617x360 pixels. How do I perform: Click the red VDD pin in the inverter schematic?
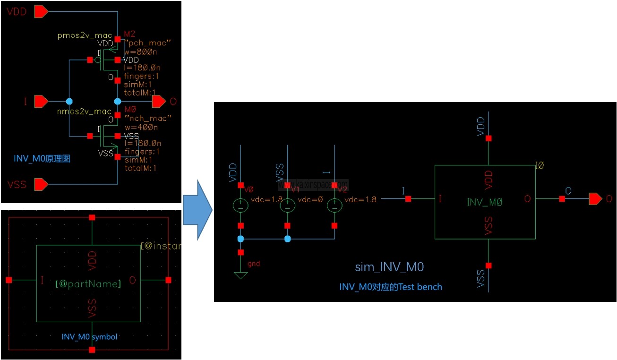pos(41,11)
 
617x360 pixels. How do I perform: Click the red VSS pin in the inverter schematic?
pos(41,183)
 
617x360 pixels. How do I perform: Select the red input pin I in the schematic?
pos(41,101)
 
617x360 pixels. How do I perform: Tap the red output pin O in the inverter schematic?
pos(159,101)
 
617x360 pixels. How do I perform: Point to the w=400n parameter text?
pos(141,127)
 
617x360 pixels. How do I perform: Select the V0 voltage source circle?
pos(240,205)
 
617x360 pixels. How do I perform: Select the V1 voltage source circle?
pos(288,205)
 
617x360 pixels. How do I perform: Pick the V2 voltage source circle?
pos(334,205)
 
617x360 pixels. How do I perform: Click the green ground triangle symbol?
pos(240,275)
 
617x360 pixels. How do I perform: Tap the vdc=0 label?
pos(310,199)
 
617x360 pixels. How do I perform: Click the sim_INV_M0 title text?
pos(389,267)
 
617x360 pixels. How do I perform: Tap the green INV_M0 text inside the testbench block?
pos(484,202)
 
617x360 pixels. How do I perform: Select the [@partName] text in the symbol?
pos(88,284)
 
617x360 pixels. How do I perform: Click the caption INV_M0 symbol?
pos(89,337)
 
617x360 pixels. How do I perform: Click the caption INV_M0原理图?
pos(42,159)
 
